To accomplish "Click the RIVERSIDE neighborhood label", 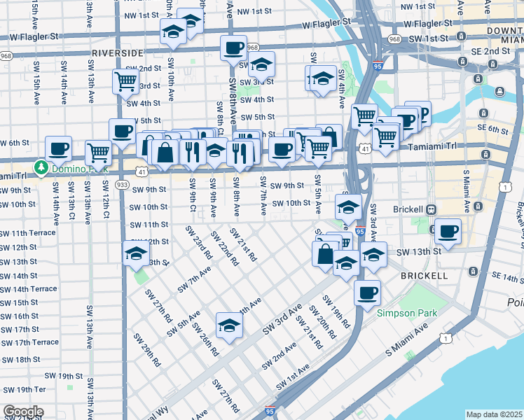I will pyautogui.click(x=117, y=52).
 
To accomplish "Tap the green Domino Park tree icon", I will pyautogui.click(x=41, y=168).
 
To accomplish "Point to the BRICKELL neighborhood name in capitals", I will pyautogui.click(x=424, y=276).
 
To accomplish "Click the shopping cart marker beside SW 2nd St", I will pyautogui.click(x=125, y=80).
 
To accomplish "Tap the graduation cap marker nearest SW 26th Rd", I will pyautogui.click(x=228, y=325).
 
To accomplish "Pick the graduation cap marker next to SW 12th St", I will pyautogui.click(x=136, y=255).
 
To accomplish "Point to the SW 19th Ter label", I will pyautogui.click(x=23, y=389).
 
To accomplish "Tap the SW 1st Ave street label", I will pyautogui.click(x=294, y=377).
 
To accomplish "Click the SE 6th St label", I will pyautogui.click(x=495, y=129).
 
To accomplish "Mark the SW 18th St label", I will pyautogui.click(x=20, y=359).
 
